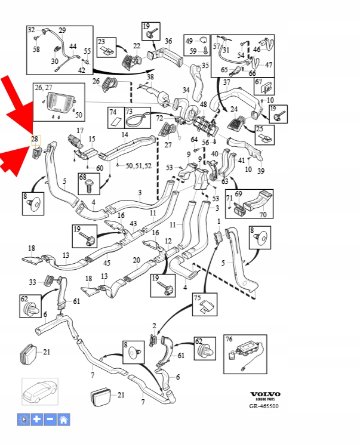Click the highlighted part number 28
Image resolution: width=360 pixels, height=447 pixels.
[x=35, y=139]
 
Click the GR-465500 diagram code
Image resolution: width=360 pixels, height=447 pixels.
[x=264, y=406]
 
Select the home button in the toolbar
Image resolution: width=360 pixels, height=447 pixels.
[x=63, y=420]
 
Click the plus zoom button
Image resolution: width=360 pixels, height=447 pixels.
[x=36, y=420]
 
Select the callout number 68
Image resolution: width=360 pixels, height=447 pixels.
[x=82, y=177]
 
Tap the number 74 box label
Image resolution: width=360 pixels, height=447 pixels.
[x=113, y=112]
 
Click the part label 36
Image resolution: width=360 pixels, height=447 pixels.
[x=168, y=41]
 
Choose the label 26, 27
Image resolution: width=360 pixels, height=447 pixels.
[x=44, y=88]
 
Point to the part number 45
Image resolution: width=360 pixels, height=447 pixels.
[x=107, y=263]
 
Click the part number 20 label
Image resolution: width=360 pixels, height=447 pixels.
[x=136, y=260]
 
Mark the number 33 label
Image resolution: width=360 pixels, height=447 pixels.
[x=32, y=282]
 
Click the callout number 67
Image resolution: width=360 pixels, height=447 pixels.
[x=259, y=81]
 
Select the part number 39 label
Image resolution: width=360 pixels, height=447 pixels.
[x=260, y=171]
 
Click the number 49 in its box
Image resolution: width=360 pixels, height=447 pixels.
[x=189, y=41]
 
